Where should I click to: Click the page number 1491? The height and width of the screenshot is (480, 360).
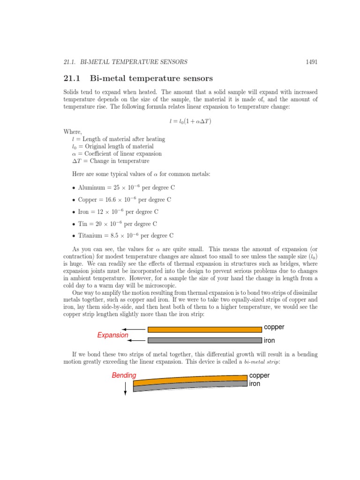311,61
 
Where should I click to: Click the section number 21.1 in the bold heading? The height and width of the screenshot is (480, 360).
73,78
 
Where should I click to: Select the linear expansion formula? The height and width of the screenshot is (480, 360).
191,121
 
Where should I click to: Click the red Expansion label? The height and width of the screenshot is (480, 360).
112,335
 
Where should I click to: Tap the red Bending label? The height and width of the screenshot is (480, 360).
124,375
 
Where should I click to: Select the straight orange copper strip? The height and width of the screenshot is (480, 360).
204,330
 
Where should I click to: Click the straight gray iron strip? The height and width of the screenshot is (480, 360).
204,340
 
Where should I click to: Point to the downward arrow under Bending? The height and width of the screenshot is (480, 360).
125,388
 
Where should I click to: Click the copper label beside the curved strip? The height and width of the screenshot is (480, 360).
260,375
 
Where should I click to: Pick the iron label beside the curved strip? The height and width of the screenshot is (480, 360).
255,383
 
